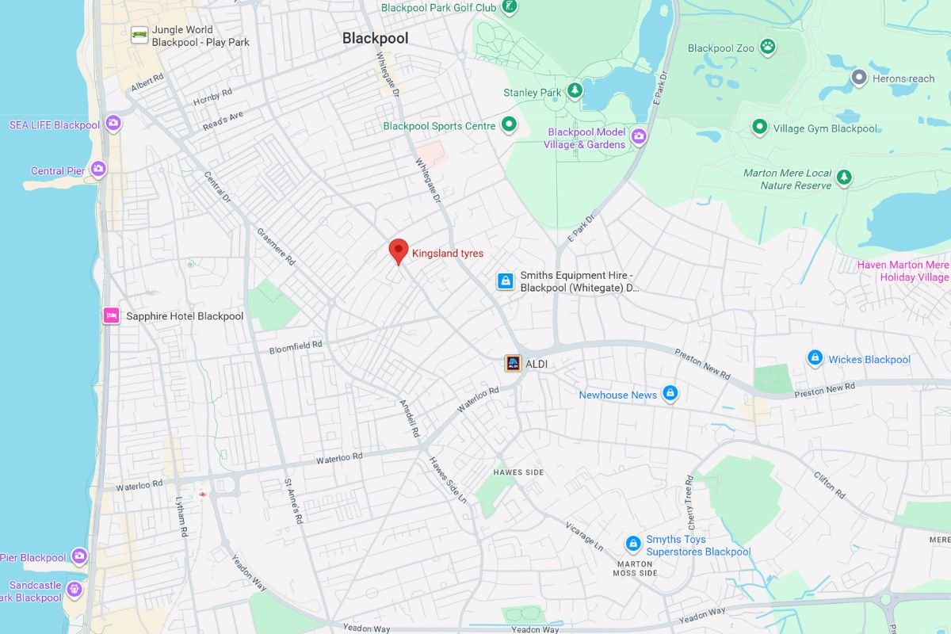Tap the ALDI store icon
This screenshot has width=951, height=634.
513,364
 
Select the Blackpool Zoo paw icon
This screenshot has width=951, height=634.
767,48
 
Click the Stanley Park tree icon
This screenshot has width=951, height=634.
575,92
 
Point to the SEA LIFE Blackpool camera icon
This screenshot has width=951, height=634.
113,124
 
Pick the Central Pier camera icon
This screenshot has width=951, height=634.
98,169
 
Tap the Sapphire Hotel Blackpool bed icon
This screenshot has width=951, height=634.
111,315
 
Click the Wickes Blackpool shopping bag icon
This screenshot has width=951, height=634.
814,358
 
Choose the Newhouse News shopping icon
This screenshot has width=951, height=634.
670,394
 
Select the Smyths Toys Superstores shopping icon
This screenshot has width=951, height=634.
632,544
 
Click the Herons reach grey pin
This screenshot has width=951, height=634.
858,78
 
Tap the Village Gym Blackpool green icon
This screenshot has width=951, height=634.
759,128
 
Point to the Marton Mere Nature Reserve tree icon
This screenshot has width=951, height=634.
845,178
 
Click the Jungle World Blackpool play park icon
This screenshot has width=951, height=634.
139,35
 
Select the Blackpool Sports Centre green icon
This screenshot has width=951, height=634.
509,125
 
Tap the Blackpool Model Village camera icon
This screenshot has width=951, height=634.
639,137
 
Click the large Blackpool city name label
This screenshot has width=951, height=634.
375,38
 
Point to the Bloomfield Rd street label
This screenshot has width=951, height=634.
296,346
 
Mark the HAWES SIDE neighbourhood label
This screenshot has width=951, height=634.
518,472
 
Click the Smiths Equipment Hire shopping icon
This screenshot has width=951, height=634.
505,281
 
